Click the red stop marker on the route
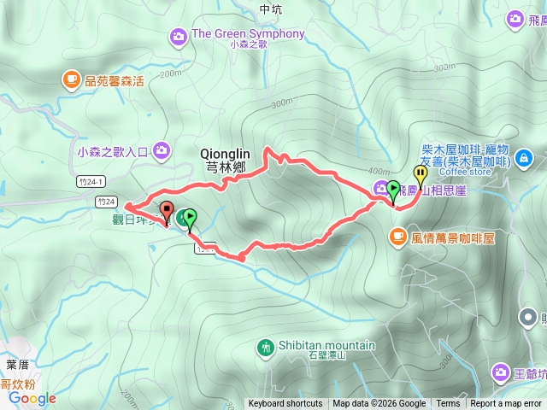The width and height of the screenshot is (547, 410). pos(166,210)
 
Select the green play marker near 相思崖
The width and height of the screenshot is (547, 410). pos(393,189)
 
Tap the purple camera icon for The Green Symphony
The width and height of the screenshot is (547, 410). pos(179,35)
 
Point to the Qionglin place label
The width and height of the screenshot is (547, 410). pos(223,153)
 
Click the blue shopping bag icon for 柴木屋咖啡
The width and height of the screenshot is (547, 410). pos(526,157)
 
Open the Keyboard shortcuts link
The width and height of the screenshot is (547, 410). pos(285,404)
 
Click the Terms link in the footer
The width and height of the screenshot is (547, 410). pos(448,404)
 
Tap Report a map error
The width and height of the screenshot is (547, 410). pos(506,404)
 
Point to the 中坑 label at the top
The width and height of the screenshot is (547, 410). pos(269,9)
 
